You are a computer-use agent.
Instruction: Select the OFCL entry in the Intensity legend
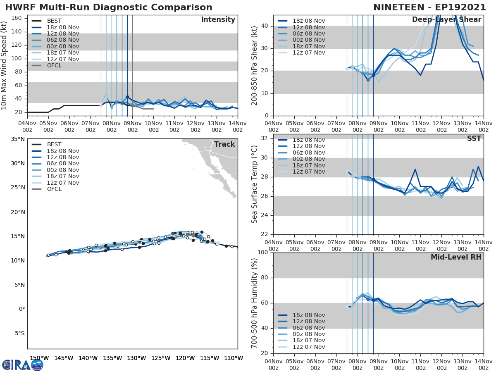[55, 66]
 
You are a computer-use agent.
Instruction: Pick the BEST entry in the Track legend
[54, 145]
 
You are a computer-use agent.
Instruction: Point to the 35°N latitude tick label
[17, 139]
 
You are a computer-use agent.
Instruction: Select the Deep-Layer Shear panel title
[446, 20]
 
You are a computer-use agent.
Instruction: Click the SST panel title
[474, 139]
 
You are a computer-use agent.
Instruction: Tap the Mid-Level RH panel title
[456, 257]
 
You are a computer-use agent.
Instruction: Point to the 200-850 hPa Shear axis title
[255, 65]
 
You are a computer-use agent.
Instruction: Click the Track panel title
[224, 144]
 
